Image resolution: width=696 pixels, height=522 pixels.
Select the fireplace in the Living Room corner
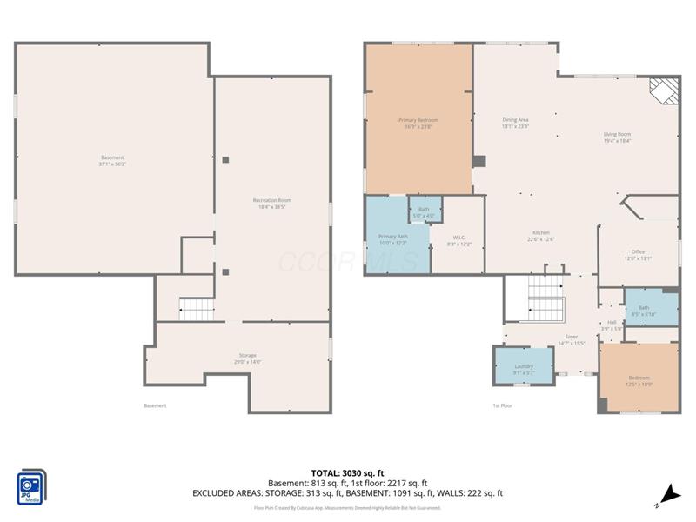(664, 90)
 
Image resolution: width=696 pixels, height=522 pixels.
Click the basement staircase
(197, 309)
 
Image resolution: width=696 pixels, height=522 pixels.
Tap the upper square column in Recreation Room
(225, 159)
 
